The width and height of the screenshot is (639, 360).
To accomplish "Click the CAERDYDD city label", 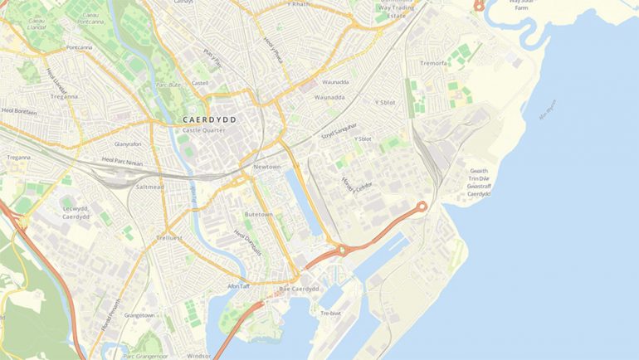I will tap(208, 120).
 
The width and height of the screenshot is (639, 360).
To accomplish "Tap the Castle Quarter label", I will tap(202, 131).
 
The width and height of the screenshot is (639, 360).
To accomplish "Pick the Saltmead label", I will tap(150, 187).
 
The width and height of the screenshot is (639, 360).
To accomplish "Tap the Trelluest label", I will tap(168, 238).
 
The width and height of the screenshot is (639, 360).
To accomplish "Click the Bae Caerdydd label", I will tap(299, 289).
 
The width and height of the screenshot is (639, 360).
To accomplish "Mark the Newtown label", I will tap(266, 167).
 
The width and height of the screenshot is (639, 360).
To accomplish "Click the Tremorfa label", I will tap(433, 63).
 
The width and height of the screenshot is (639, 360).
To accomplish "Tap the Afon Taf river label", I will tap(239, 287).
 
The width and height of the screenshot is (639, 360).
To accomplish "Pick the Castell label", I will tap(200, 84).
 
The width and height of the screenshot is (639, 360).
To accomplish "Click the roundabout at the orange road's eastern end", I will tap(422, 206).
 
